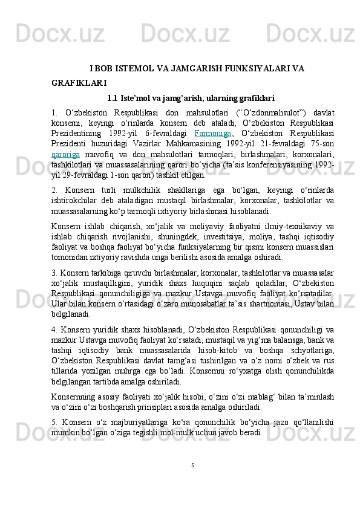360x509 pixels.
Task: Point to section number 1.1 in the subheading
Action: point(112,97)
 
